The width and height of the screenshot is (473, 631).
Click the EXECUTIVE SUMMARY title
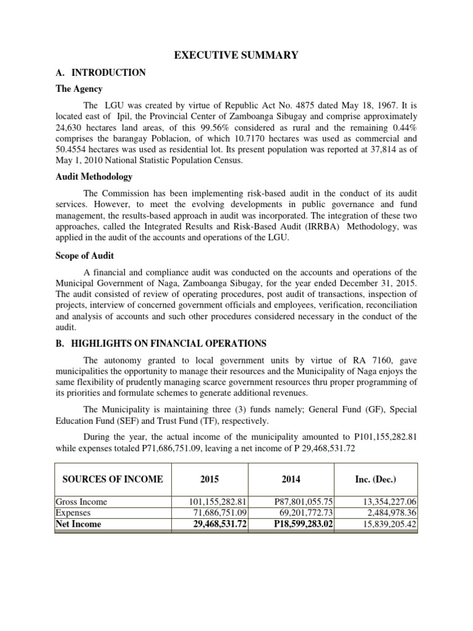click(236, 55)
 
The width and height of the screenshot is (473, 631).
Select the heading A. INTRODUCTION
click(100, 73)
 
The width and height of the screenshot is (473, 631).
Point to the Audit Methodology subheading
click(94, 177)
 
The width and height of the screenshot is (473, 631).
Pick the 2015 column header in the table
click(209, 479)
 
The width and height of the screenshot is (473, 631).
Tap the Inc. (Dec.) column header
click(375, 479)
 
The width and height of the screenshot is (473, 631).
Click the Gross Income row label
click(79, 502)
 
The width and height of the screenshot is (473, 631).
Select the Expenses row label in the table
click(73, 513)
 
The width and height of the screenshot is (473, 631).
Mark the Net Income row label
click(79, 524)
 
